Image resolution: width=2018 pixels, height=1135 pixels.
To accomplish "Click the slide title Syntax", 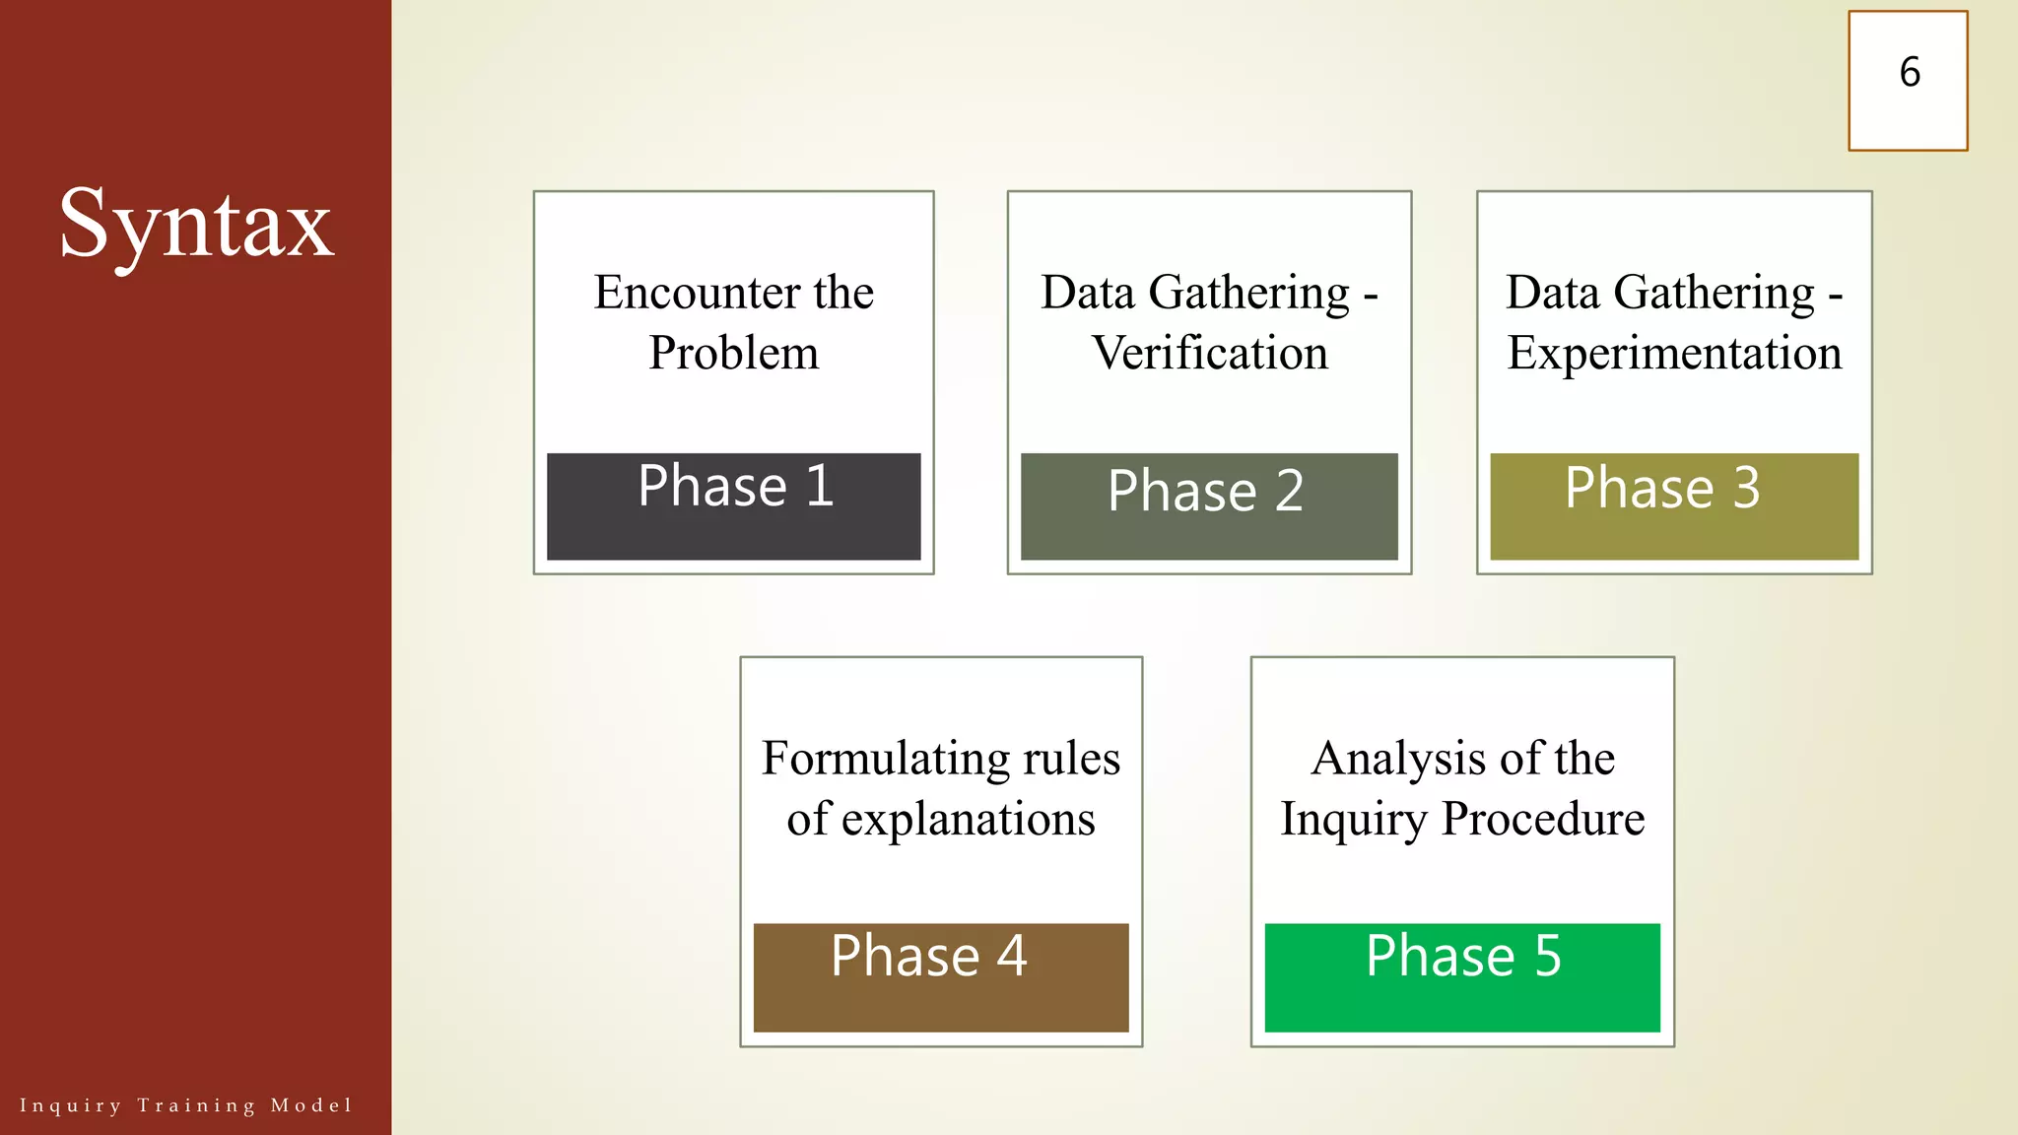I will (196, 225).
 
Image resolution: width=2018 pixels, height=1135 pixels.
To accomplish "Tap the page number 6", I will (1909, 73).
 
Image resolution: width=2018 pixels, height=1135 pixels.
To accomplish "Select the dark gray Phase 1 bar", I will (733, 507).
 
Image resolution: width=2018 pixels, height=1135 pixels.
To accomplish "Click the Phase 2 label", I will (1205, 491).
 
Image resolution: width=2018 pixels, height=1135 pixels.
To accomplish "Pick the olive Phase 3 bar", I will (1673, 507).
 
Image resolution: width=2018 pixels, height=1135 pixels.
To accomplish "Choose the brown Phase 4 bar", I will (940, 977).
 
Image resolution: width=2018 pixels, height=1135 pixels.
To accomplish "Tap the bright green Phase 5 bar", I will (1461, 977).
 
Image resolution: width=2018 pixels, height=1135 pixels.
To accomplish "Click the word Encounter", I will (696, 293).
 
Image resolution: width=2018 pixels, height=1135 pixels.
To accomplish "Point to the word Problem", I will (733, 353).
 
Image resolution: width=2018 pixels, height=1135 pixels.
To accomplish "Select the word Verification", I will (1209, 353).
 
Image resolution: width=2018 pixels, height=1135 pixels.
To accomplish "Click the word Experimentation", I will (1673, 353).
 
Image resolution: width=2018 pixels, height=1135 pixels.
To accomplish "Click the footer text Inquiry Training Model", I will (185, 1105).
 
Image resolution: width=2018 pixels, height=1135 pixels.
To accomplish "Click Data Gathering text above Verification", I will (1194, 293).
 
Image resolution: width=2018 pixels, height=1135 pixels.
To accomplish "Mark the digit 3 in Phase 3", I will (1746, 488).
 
